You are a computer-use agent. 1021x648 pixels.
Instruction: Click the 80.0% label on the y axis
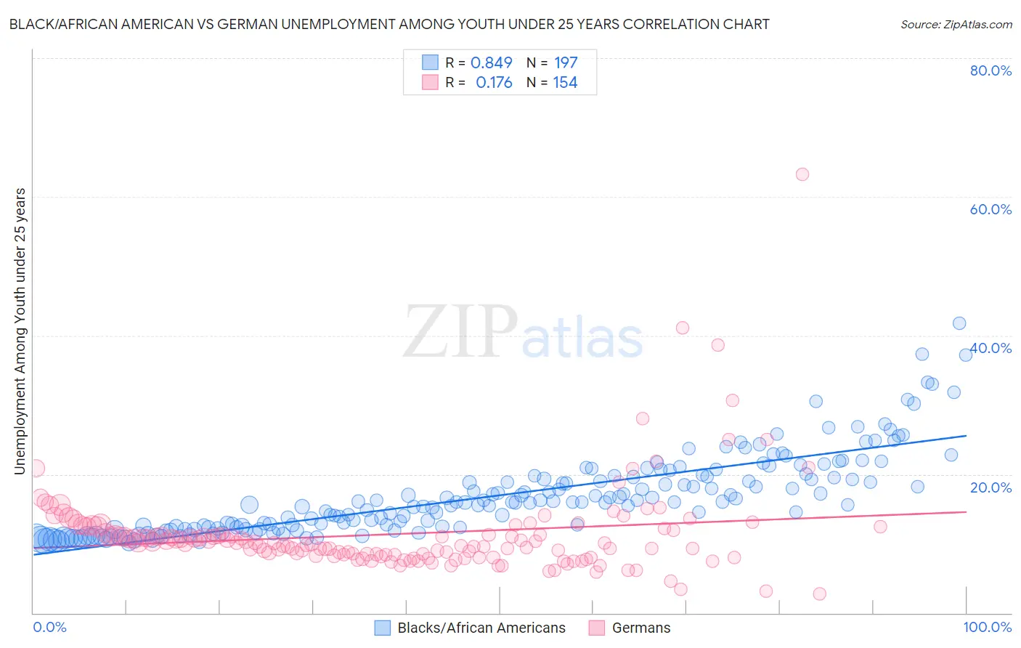click(x=991, y=70)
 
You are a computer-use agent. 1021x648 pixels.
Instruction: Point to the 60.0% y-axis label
click(x=991, y=209)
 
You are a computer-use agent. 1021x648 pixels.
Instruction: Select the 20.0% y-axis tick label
click(x=991, y=487)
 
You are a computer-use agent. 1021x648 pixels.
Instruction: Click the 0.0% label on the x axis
click(x=49, y=627)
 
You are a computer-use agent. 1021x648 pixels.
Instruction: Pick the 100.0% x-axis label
click(x=987, y=627)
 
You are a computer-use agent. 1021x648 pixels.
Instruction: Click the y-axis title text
click(x=20, y=331)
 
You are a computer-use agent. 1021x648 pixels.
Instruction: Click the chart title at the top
click(x=389, y=24)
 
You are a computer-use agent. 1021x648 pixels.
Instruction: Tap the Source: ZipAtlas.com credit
click(x=956, y=24)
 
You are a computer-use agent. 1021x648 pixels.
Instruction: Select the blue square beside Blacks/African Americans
click(x=383, y=628)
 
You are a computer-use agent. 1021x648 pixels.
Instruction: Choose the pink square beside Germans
click(x=597, y=628)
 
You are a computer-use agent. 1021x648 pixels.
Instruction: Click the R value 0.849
click(x=492, y=62)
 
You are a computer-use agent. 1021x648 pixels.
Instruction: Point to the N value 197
click(x=566, y=62)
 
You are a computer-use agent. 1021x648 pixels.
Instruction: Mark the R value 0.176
click(x=494, y=83)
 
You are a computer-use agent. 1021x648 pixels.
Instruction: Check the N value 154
click(x=565, y=83)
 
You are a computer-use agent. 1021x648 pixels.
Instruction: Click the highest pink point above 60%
click(x=802, y=174)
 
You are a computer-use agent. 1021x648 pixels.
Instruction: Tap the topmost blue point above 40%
click(x=959, y=323)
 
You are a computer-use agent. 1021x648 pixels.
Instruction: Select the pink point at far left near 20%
click(x=36, y=469)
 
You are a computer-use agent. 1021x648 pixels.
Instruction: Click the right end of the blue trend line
click(x=966, y=435)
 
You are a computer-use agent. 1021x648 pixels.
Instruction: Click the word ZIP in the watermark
click(x=460, y=332)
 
